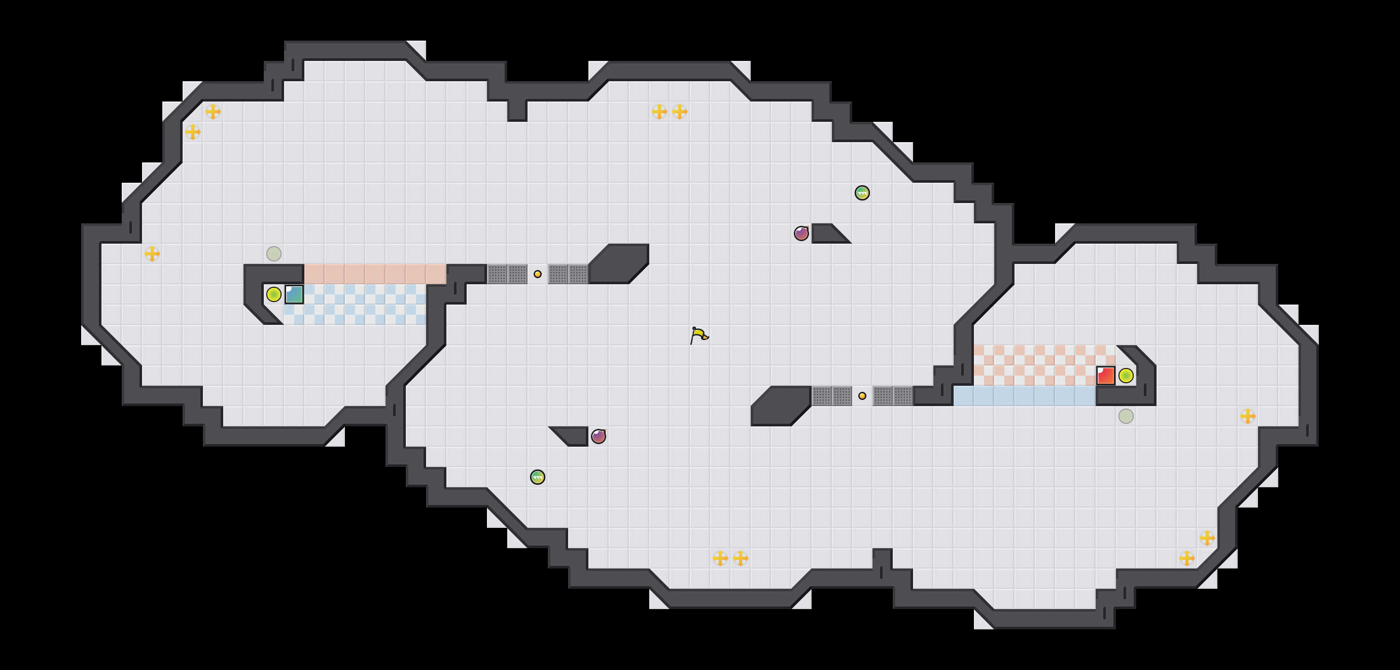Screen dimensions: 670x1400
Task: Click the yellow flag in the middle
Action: (699, 335)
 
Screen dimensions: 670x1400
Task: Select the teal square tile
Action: (294, 294)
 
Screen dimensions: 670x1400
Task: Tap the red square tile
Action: (1105, 375)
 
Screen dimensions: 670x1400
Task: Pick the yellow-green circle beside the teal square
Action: (274, 294)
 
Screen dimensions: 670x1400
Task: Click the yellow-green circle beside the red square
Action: (1126, 375)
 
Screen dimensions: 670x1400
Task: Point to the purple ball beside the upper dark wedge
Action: (801, 233)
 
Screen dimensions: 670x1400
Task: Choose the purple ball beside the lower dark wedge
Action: (599, 436)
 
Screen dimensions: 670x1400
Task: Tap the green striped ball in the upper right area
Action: (862, 192)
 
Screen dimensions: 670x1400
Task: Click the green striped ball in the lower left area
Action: (538, 477)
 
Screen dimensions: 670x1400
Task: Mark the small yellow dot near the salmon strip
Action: (538, 274)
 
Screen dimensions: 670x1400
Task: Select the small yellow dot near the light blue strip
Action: (862, 396)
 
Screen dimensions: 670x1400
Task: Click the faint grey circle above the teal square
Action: (274, 253)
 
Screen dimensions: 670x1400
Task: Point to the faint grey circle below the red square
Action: (1126, 416)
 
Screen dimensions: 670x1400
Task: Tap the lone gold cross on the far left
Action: (152, 253)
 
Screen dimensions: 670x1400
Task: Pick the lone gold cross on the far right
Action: (1248, 416)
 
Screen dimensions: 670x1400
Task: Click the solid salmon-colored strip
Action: (375, 274)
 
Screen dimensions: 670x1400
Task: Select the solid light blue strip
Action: (1025, 396)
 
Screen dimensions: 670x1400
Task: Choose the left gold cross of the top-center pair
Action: (659, 112)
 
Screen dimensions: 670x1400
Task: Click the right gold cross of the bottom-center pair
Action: (740, 558)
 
